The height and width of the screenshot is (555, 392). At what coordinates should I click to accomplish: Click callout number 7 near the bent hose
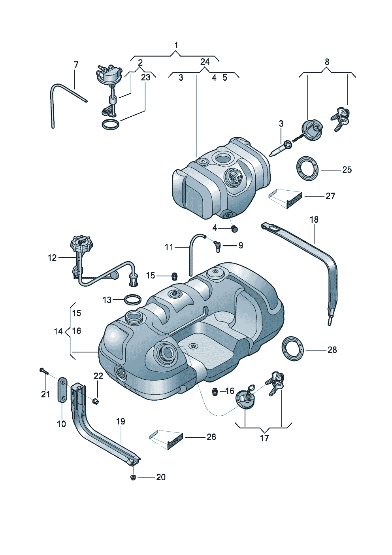pos(76,64)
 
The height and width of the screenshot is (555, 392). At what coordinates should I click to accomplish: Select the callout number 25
pos(347,170)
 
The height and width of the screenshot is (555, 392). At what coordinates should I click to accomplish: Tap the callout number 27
pos(330,196)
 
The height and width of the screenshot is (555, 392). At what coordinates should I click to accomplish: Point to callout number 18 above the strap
pos(314,220)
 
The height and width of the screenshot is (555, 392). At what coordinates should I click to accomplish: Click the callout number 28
pos(332,350)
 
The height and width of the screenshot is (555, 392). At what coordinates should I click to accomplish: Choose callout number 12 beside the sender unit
pos(52,258)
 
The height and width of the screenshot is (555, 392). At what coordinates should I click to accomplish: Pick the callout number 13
pos(107,300)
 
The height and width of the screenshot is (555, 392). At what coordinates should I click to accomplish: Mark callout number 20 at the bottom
pos(160,477)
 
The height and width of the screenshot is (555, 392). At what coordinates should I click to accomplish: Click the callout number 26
pos(211,437)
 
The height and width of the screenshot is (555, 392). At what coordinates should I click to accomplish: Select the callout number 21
pos(45,394)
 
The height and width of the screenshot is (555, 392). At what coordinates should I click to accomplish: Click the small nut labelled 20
pos(134,477)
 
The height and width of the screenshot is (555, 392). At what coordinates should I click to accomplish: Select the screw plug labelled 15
pos(173,275)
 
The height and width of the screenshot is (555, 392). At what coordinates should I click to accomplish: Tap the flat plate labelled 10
pos(62,390)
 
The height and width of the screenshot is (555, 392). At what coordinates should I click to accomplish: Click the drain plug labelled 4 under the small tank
pos(234,228)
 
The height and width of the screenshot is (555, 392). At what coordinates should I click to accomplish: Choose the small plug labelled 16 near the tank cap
pos(215,391)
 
